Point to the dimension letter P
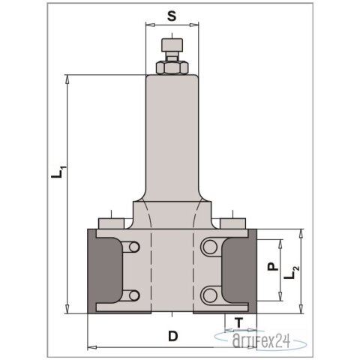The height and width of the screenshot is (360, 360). [x=273, y=265]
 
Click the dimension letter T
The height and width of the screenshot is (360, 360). [x=238, y=323]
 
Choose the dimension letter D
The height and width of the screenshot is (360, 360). [x=173, y=336]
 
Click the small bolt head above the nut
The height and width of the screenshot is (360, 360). [x=172, y=47]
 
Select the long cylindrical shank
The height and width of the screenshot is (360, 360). [x=172, y=135]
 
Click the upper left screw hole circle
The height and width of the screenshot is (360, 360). [x=133, y=247]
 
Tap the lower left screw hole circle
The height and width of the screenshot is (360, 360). [x=133, y=293]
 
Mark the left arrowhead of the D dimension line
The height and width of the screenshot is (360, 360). [x=91, y=346]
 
